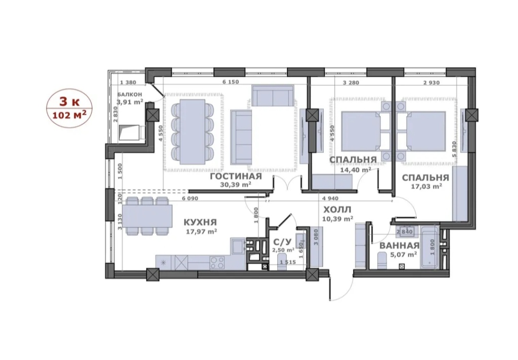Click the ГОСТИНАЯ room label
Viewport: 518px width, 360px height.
point(236,176)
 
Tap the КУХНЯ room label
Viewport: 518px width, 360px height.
point(200,222)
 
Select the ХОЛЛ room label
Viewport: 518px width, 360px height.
point(337,209)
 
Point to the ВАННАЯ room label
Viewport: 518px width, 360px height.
point(400,246)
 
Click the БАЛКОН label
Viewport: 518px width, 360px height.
point(130,94)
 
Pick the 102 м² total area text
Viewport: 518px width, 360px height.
point(70,115)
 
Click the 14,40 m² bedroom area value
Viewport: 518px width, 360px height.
point(355,170)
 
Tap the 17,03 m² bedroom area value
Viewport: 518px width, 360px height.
point(426,186)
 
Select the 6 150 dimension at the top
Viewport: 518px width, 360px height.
point(230,82)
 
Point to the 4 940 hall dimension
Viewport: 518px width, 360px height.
point(330,198)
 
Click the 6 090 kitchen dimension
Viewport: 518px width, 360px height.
point(189,198)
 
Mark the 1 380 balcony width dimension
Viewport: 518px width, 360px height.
point(128,82)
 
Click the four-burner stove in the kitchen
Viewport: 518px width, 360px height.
point(217,263)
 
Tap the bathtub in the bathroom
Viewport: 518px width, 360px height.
point(429,247)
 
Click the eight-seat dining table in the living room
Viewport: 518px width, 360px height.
point(191,131)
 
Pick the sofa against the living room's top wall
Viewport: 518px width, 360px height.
point(273,95)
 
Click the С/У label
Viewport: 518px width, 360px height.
point(279,242)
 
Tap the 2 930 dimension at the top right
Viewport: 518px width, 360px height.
point(432,82)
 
